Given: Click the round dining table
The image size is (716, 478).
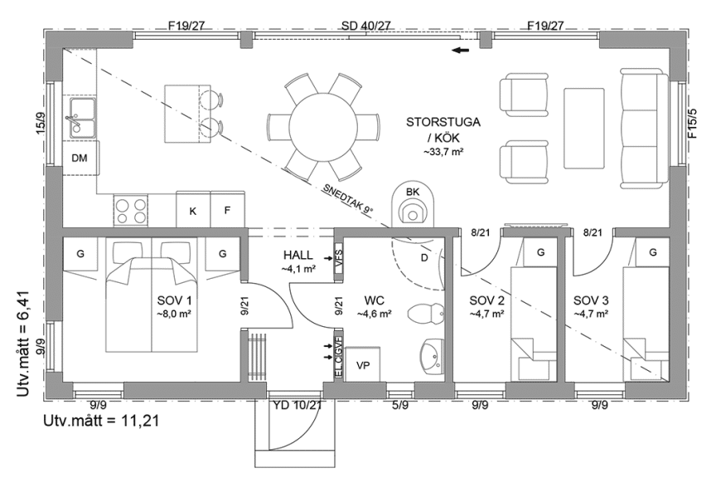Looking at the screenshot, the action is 324,126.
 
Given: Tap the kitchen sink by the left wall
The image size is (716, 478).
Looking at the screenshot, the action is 83,118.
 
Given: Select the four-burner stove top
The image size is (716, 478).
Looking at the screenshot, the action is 131,211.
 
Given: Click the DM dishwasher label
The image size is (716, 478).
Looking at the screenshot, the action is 80,159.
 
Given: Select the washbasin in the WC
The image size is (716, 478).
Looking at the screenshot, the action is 432,357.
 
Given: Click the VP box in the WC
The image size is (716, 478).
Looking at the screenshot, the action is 363,364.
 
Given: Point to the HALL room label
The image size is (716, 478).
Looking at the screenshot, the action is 298,256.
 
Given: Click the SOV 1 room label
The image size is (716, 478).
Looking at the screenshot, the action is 174,300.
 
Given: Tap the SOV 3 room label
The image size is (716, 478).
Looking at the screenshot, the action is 591,300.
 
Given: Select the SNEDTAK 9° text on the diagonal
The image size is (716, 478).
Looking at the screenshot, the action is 347,199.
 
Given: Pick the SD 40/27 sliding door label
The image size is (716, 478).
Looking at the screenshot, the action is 365,26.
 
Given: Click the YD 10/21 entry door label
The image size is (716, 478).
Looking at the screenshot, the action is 298,405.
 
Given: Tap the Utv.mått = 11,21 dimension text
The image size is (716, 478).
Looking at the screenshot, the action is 101,421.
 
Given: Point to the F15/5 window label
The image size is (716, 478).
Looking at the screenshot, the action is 694,123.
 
